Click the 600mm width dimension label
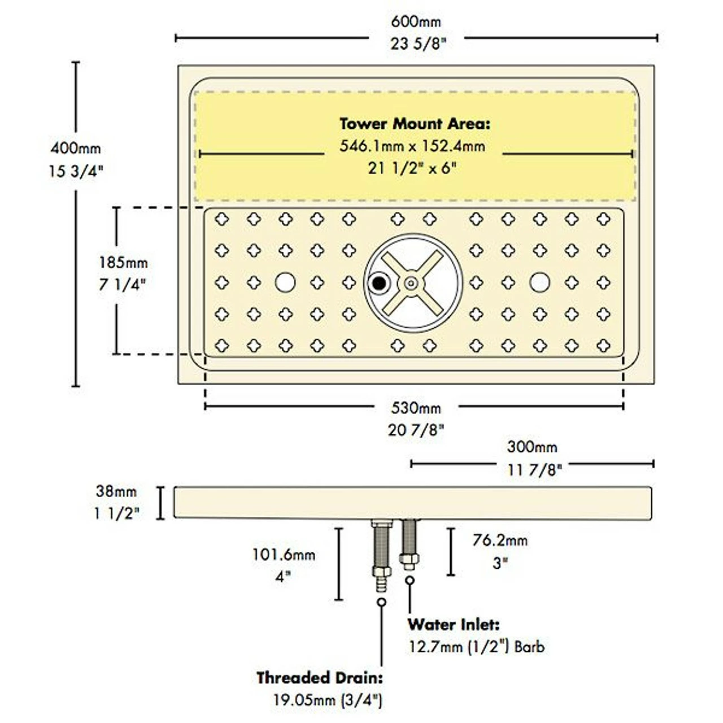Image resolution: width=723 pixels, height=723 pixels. pyautogui.click(x=416, y=22)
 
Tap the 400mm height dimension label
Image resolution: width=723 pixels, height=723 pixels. pyautogui.click(x=76, y=149)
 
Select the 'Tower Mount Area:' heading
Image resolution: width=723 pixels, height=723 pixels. pyautogui.click(x=415, y=124)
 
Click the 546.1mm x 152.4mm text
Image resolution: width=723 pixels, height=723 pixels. pyautogui.click(x=412, y=146)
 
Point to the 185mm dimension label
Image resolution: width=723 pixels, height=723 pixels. pyautogui.click(x=123, y=263)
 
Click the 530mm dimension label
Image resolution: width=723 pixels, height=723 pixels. pyautogui.click(x=416, y=408)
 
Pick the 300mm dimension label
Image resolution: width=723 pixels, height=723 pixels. pyautogui.click(x=532, y=447)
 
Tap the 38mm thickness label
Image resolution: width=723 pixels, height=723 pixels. pyautogui.click(x=116, y=492)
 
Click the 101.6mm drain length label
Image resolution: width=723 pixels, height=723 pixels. pyautogui.click(x=284, y=555)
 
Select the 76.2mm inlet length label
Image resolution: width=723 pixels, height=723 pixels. pyautogui.click(x=500, y=541)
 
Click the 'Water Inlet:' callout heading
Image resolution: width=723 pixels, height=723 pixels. pyautogui.click(x=454, y=625)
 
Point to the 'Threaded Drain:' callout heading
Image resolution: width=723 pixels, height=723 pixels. pyautogui.click(x=320, y=678)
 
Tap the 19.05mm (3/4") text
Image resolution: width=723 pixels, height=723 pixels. pyautogui.click(x=328, y=700)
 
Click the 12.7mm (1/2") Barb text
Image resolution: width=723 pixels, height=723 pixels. pyautogui.click(x=477, y=647)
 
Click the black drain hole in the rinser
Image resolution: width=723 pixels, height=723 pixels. pyautogui.click(x=379, y=283)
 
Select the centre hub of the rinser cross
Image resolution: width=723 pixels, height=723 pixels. pyautogui.click(x=411, y=283)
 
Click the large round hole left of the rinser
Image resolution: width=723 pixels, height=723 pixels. pyautogui.click(x=285, y=282)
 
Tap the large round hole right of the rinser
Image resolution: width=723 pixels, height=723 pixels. pyautogui.click(x=540, y=282)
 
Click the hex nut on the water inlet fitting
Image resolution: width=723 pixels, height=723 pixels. pyautogui.click(x=409, y=559)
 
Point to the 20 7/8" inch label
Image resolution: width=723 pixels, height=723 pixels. pyautogui.click(x=416, y=430)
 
